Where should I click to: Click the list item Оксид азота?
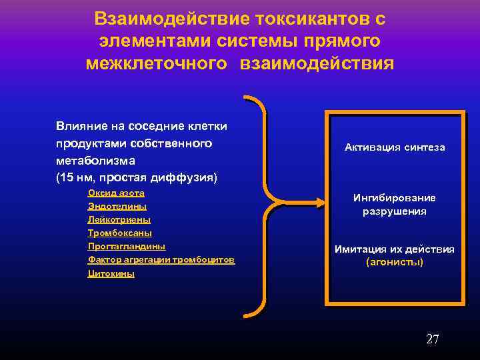116,193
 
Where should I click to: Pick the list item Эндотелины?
117,206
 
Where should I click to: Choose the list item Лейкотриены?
119,219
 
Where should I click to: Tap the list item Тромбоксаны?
119,233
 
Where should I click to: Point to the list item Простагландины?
126,246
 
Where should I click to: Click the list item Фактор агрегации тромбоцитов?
161,259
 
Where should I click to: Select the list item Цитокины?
111,273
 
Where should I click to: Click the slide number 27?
432,339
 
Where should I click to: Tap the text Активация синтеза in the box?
395,147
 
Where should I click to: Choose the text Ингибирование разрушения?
395,205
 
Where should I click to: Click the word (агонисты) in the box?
395,262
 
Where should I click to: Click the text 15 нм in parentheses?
77,178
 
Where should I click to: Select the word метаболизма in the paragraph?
86,161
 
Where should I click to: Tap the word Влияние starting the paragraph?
79,126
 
